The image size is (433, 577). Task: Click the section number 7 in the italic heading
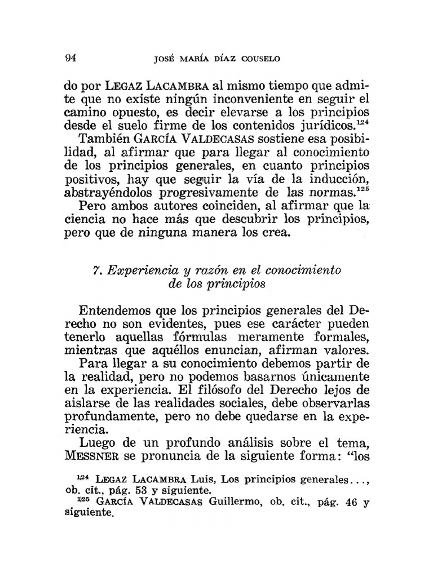pyautogui.click(x=95, y=270)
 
